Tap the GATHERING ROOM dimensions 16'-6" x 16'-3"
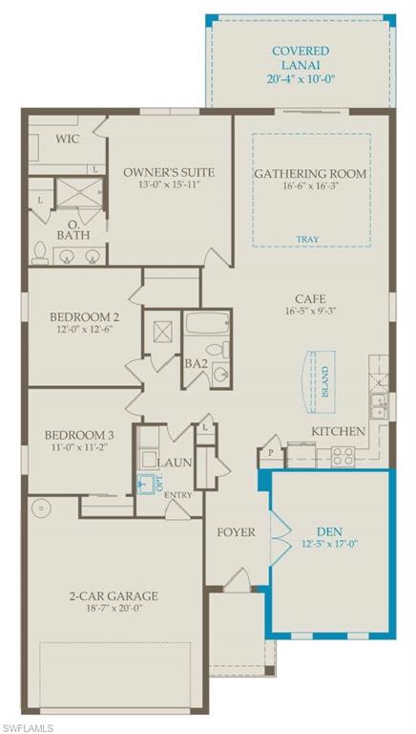[x=311, y=188]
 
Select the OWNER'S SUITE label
[x=168, y=173]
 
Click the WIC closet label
[x=66, y=140]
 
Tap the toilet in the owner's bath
[x=40, y=252]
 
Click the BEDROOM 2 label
[x=84, y=317]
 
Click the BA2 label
[x=196, y=363]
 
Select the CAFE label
[x=311, y=296]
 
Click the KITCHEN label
[x=338, y=431]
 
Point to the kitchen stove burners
[x=343, y=456]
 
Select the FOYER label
[x=236, y=531]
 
